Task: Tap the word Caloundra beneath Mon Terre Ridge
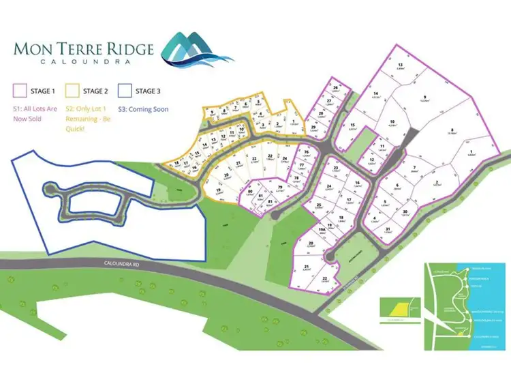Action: tap(84, 61)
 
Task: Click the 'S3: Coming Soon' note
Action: tap(144, 108)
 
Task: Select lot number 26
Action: tap(335, 89)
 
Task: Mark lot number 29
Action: tap(313, 128)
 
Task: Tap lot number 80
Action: tap(251, 194)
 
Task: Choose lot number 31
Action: tap(388, 228)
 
